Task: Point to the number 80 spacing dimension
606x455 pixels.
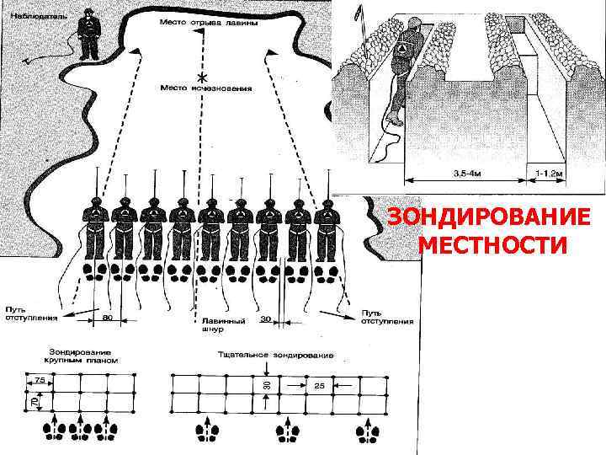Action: [x=108, y=318]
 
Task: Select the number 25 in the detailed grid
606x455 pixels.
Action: [x=319, y=385]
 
